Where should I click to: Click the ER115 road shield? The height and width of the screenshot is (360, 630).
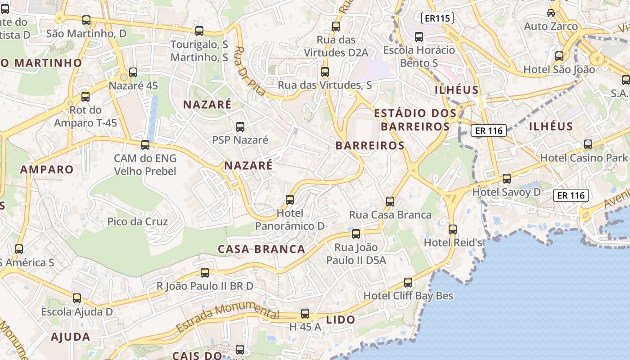click(437, 18)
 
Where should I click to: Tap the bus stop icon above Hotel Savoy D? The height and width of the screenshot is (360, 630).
click(507, 179)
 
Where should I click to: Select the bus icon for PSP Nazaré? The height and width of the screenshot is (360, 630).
click(240, 126)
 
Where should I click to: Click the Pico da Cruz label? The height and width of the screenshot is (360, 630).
click(138, 221)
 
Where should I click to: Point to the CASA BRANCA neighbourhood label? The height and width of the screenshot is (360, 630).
click(261, 249)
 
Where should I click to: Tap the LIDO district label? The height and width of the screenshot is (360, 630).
click(341, 320)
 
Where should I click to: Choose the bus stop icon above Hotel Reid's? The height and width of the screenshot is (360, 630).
click(453, 229)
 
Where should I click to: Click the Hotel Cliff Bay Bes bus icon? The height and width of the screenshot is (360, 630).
click(408, 283)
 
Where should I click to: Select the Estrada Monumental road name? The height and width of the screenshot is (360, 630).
click(227, 317)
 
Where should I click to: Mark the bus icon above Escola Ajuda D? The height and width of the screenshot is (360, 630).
click(77, 298)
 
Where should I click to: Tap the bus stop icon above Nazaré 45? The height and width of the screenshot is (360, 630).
click(133, 72)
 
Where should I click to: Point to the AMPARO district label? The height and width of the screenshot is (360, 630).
click(47, 170)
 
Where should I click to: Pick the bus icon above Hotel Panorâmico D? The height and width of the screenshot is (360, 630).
click(290, 199)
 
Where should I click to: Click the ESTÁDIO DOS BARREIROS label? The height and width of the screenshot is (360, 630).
click(415, 120)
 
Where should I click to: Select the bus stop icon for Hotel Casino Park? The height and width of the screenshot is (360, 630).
click(588, 144)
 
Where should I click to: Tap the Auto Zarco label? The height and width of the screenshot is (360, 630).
click(551, 27)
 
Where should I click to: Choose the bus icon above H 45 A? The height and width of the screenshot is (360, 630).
click(305, 314)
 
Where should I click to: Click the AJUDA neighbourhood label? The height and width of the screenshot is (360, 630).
click(71, 337)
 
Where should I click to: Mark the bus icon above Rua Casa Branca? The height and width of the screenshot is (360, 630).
click(390, 201)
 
